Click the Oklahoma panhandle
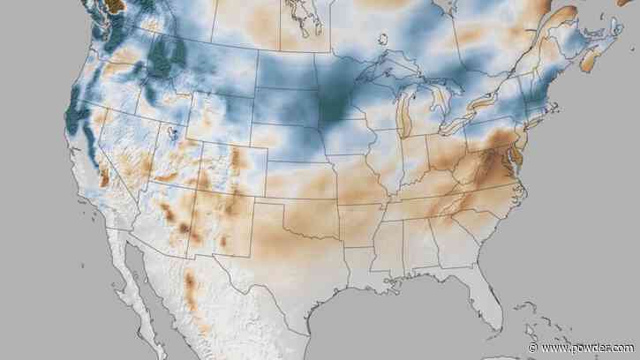[x=270, y=201]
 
